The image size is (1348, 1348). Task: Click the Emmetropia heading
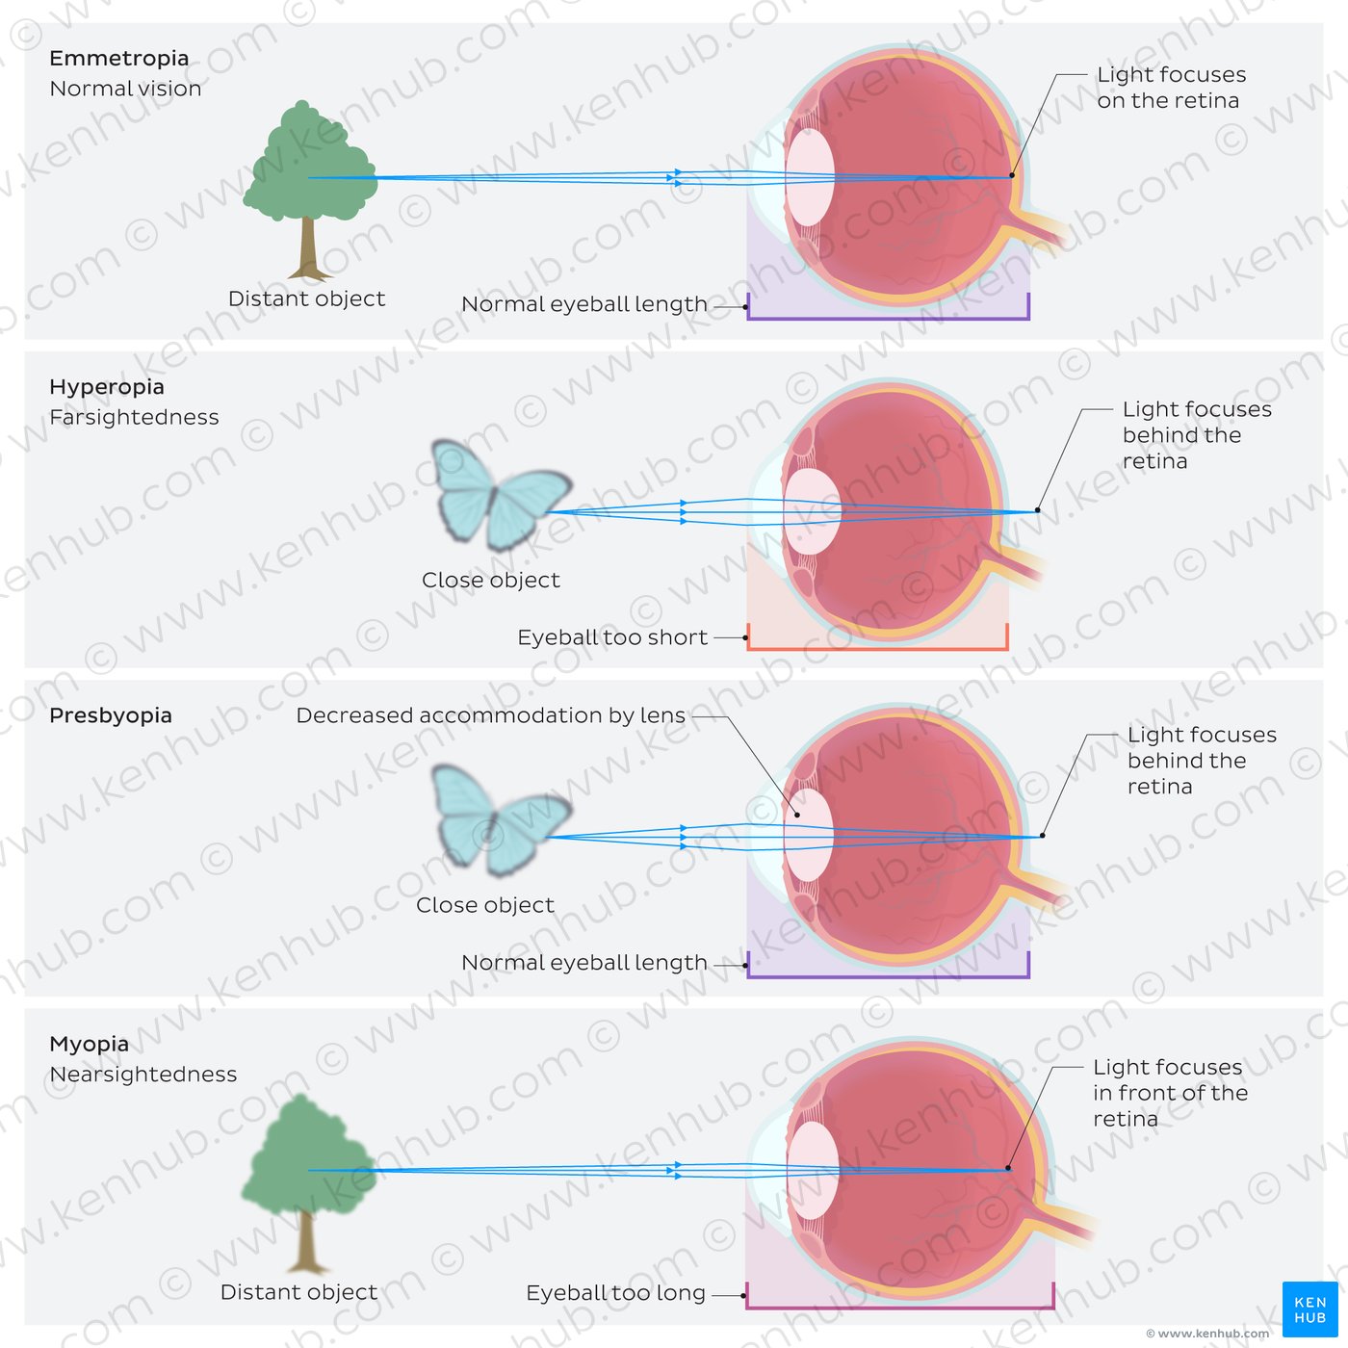pos(119,59)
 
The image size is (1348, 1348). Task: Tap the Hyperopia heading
pos(107,387)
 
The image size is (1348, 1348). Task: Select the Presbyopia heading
pos(111,715)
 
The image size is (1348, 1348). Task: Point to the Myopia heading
pos(89,1045)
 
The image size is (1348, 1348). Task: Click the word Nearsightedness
pos(143,1075)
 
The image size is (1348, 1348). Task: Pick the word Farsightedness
pos(134,418)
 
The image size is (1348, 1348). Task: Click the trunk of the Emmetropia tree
pos(307,247)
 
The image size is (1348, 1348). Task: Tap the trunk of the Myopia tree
pos(305,1242)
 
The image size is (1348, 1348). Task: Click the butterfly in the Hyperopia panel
pos(502,495)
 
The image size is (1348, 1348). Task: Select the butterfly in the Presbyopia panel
pos(502,819)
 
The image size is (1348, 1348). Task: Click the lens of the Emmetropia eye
pos(810,177)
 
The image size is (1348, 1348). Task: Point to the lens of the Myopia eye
pos(813,1171)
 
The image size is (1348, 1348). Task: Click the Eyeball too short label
pos(612,637)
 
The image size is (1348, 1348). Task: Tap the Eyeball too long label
pos(615,1293)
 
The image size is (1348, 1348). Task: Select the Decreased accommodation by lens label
pos(490,715)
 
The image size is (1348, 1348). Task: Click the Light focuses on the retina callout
pos(1171,88)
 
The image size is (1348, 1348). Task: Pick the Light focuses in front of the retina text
pos(1170,1094)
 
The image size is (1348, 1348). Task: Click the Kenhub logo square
pos(1309,1309)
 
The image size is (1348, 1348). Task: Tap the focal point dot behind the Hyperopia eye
pos(1037,510)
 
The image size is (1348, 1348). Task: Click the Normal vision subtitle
pos(125,89)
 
